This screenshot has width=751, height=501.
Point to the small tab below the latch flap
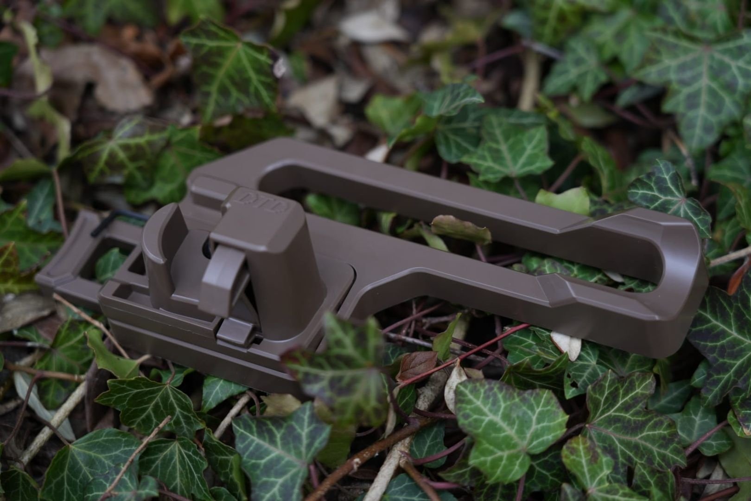coord(235,332)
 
